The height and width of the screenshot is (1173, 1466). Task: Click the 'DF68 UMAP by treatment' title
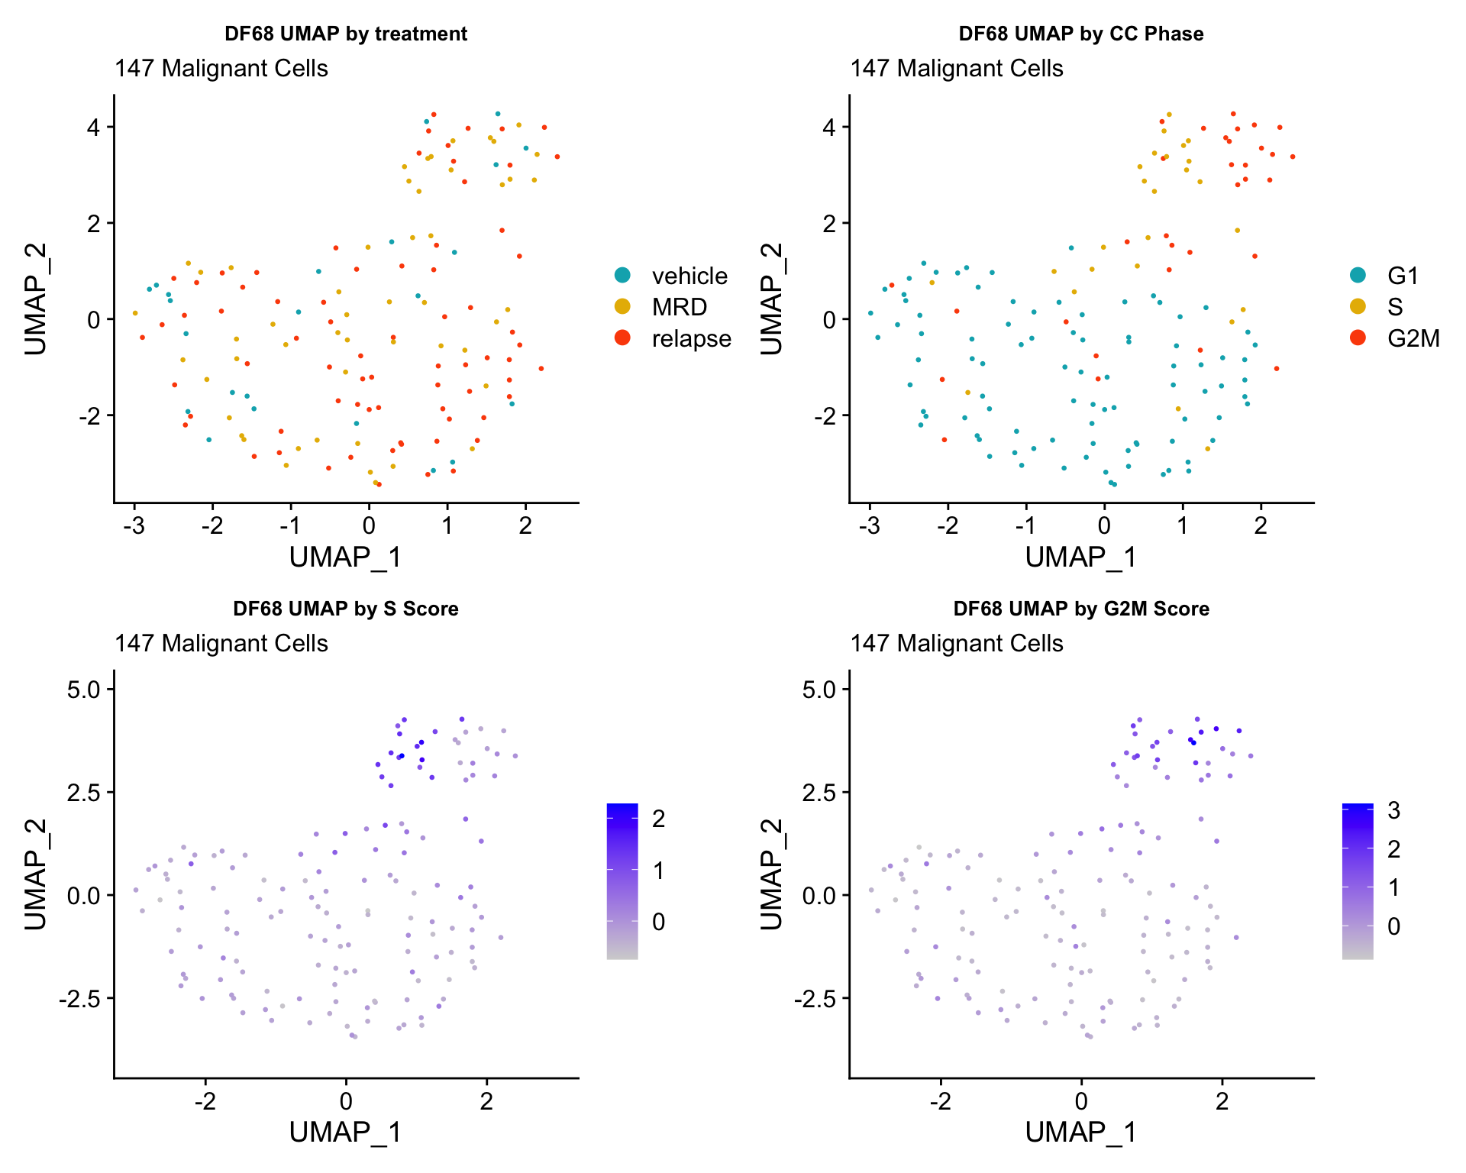[x=345, y=34]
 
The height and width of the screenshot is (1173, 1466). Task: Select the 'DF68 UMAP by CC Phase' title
[x=1080, y=34]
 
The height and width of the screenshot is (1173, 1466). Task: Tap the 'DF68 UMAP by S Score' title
[x=345, y=609]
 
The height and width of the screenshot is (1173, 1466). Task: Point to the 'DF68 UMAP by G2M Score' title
[x=1080, y=609]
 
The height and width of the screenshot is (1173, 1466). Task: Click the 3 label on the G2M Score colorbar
[x=1393, y=810]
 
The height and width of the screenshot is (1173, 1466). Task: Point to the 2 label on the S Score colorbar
[x=658, y=819]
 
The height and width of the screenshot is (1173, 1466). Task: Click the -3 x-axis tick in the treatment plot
[x=134, y=526]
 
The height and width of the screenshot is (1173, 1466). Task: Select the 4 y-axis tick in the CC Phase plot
[x=829, y=127]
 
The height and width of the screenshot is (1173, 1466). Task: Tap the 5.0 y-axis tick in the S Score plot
[x=83, y=690]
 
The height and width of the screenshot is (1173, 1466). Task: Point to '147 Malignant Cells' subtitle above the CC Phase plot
[x=957, y=69]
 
